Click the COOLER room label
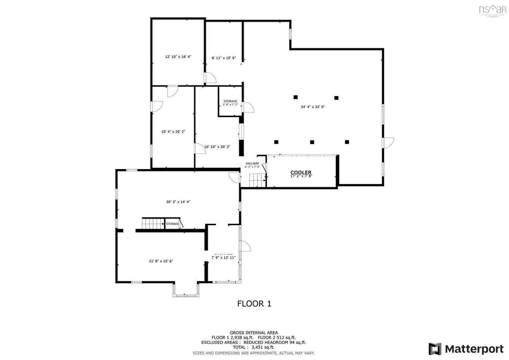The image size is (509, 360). (x=301, y=173)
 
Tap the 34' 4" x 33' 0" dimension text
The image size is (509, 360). (x=313, y=107)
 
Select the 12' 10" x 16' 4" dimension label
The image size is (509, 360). (x=178, y=57)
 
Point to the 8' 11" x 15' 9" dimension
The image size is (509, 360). (x=224, y=58)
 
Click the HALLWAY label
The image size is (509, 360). (x=252, y=164)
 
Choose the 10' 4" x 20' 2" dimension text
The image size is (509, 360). (x=173, y=132)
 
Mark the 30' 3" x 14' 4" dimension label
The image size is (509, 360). (x=179, y=202)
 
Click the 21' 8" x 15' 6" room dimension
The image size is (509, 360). (x=161, y=261)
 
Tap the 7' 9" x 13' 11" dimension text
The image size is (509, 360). (x=223, y=257)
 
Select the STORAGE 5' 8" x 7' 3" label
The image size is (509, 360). (x=230, y=103)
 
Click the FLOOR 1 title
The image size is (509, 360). (x=254, y=303)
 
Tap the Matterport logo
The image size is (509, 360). (x=466, y=349)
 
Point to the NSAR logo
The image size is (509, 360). (x=492, y=10)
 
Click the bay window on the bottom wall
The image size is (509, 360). (x=186, y=291)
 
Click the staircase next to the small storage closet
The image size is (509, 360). (x=153, y=224)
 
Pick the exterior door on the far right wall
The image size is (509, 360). (x=388, y=143)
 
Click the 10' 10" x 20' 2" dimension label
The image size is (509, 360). (x=217, y=147)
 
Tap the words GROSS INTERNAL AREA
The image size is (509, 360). (x=254, y=333)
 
